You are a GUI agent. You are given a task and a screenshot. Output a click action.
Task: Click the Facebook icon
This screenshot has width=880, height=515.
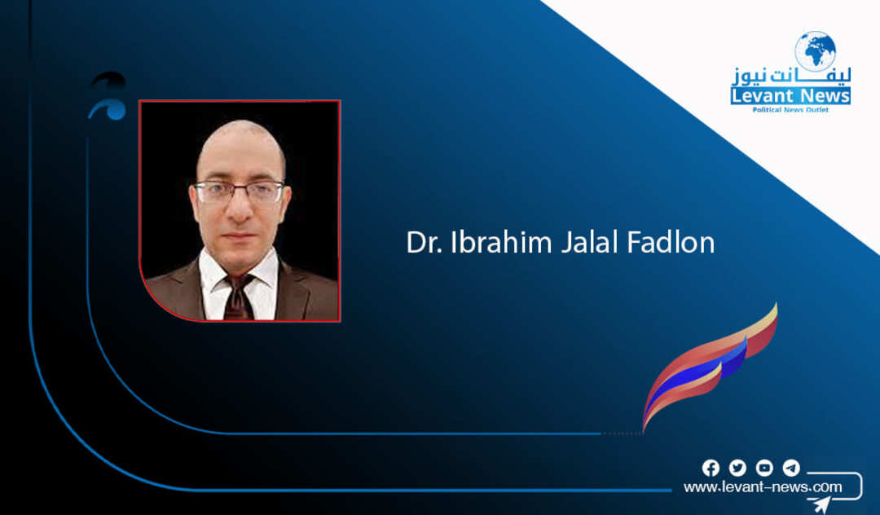click(711, 468)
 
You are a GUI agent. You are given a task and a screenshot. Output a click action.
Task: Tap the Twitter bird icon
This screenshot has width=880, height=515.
click(737, 468)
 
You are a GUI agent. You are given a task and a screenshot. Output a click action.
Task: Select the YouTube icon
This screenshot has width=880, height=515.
click(764, 468)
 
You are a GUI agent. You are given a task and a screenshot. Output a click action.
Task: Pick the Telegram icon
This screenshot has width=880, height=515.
click(791, 468)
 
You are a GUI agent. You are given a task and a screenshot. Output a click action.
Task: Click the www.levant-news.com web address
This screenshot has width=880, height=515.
click(763, 487)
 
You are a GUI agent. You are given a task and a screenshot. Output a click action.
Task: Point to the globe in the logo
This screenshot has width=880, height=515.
click(815, 51)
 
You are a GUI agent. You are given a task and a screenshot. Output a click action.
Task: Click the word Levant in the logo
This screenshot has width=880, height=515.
click(759, 96)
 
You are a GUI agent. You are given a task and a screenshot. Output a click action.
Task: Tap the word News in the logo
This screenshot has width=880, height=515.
click(821, 96)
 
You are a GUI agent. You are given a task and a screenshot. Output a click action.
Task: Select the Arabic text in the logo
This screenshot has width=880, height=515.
click(790, 77)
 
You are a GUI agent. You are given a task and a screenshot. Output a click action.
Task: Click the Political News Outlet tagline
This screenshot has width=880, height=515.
click(790, 109)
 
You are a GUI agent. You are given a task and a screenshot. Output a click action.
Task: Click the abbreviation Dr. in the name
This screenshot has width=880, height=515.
click(425, 242)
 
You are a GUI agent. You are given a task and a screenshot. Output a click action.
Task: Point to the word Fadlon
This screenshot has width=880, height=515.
click(671, 242)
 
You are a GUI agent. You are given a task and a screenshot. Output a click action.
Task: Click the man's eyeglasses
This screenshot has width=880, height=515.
click(240, 191)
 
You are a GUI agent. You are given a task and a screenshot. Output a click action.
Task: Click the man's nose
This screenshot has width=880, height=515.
click(240, 208)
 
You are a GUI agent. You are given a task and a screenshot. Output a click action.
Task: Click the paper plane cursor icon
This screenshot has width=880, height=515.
click(821, 504)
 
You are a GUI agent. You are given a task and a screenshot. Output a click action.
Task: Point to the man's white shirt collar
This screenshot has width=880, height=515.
click(239, 272)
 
